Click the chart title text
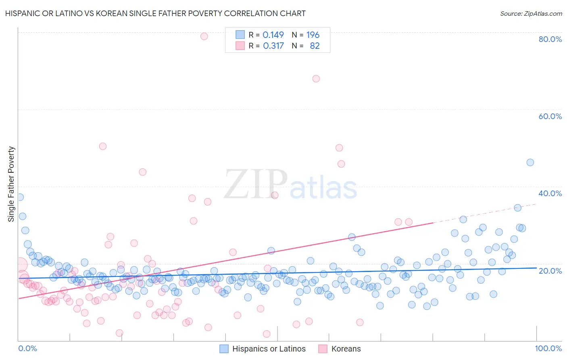(x=155, y=13)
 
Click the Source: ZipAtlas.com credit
(x=531, y=13)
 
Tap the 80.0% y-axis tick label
(x=550, y=39)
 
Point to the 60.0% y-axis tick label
(x=550, y=116)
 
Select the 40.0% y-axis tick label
(x=550, y=193)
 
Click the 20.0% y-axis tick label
(x=550, y=270)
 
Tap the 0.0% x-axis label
(x=27, y=348)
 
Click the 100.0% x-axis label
(x=548, y=348)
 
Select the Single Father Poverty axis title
(x=11, y=184)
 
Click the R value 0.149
(x=273, y=35)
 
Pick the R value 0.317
(x=273, y=46)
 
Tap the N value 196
(x=313, y=35)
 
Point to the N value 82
(x=315, y=46)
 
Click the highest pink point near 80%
(x=204, y=36)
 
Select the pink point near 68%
(x=316, y=79)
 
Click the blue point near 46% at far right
(x=530, y=162)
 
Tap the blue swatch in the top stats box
(x=240, y=35)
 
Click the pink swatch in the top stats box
(x=240, y=46)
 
